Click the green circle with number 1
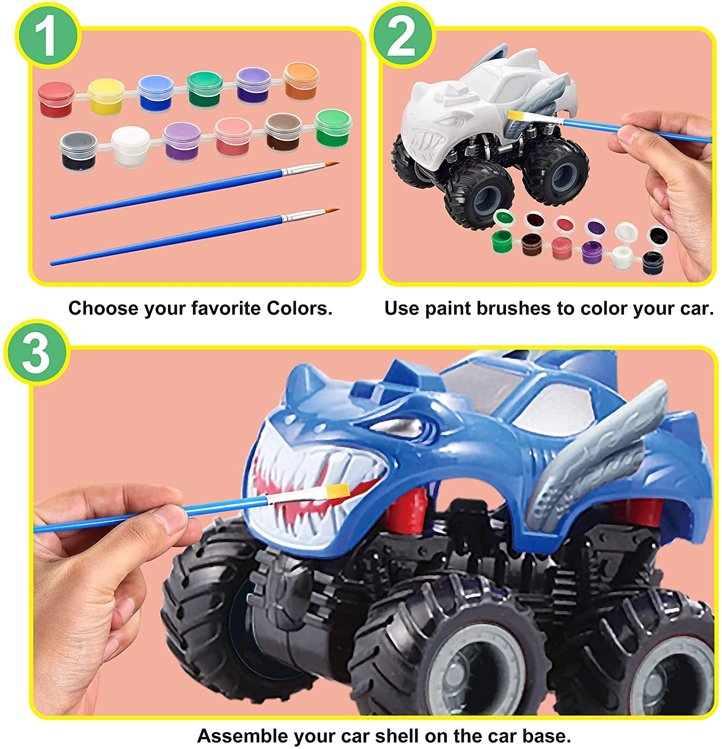coord(48,35)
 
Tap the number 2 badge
coord(402,35)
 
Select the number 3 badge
coord(36,353)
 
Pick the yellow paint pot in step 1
coord(106,96)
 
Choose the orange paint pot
coord(301,81)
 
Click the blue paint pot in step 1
coord(155,93)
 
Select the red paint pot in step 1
coord(56,100)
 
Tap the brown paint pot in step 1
coord(283,131)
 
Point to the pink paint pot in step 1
coord(233,136)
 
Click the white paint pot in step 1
coord(130,145)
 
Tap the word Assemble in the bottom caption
coord(242,736)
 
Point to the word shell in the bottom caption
coord(401,736)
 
